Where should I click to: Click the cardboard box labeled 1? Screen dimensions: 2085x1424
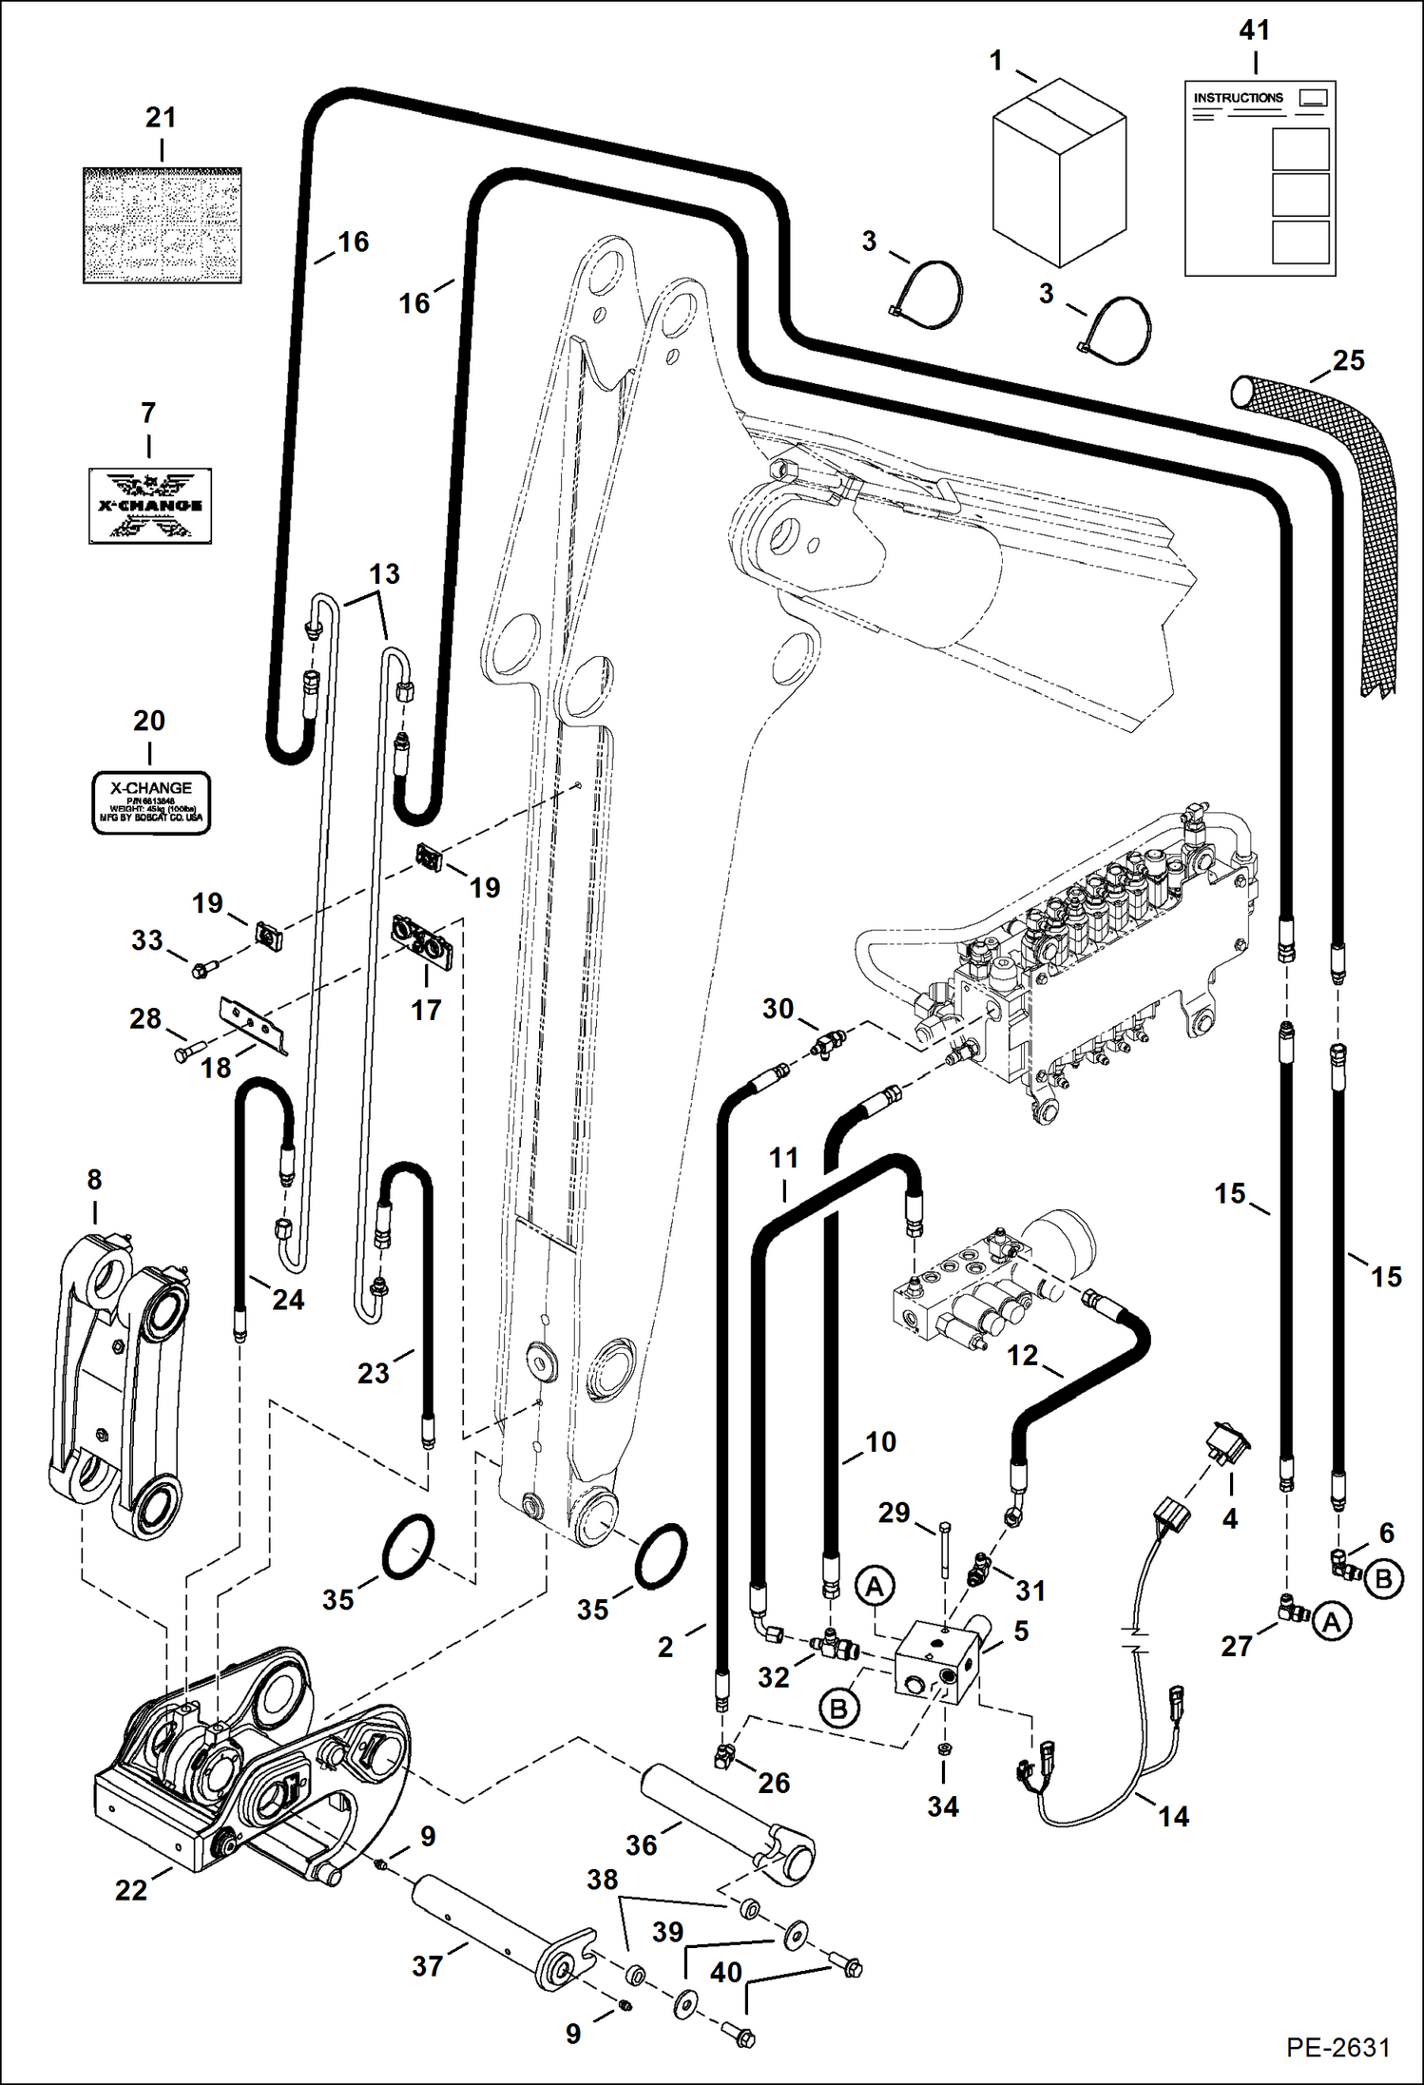[x=1059, y=176]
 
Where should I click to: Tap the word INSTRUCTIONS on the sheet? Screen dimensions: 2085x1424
[x=1238, y=98]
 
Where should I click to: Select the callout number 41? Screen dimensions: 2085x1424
[x=1254, y=30]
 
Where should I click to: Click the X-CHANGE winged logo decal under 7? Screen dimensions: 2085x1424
[x=150, y=505]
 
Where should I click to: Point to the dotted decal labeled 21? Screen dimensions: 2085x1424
[x=161, y=225]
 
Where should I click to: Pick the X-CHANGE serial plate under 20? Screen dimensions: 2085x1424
[x=150, y=802]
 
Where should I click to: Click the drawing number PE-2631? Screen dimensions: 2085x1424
[x=1337, y=2048]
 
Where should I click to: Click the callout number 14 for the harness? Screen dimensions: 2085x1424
[x=1173, y=1816]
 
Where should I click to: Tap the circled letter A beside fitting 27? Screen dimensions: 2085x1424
[x=1332, y=1622]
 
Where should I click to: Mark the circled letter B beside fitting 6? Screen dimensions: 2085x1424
[x=1383, y=1579]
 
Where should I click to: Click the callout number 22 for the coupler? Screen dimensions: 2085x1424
[x=131, y=1889]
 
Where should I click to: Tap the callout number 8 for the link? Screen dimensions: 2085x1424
[x=94, y=1180]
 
